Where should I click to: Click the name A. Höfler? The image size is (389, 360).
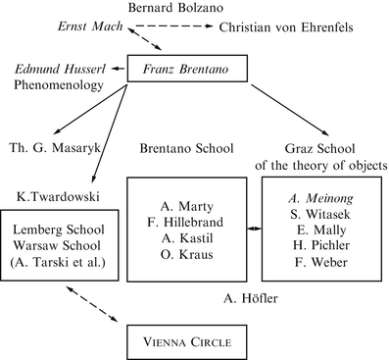tap(245, 298)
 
